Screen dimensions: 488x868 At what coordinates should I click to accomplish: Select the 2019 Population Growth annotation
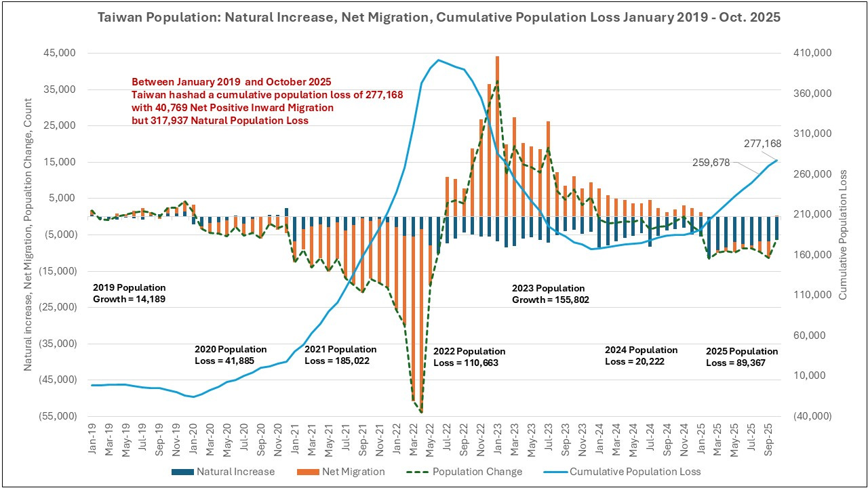pyautogui.click(x=129, y=293)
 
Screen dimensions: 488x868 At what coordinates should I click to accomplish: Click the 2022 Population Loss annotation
pyautogui.click(x=469, y=357)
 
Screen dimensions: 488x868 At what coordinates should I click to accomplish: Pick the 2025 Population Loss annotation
pyautogui.click(x=742, y=357)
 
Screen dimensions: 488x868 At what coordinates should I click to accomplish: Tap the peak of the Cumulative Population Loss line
pyautogui.click(x=439, y=60)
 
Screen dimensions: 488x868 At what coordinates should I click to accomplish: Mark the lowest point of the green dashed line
pyautogui.click(x=421, y=411)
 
